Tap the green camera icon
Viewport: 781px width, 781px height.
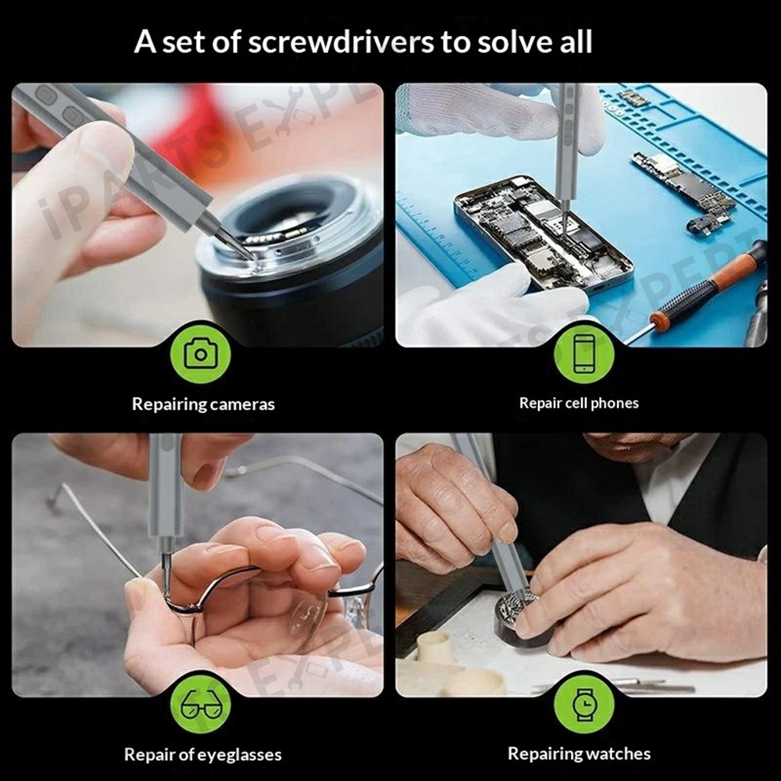[200, 354]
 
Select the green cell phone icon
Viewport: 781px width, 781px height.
[583, 354]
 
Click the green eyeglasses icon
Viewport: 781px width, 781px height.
[200, 704]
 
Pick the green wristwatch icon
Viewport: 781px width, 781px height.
[583, 704]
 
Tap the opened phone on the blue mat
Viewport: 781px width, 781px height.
[543, 234]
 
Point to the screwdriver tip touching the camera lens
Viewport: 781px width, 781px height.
[251, 256]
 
